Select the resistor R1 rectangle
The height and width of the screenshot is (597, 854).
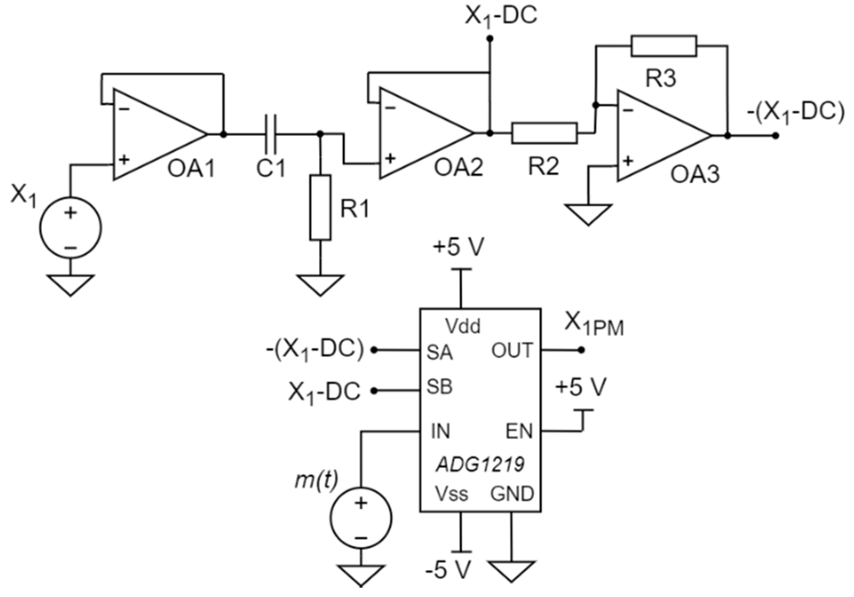(320, 207)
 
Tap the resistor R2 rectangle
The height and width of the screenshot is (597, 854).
(544, 133)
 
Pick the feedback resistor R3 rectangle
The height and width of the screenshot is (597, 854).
(664, 46)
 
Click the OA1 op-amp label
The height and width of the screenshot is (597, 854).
(191, 169)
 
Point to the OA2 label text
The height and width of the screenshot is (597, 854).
(458, 168)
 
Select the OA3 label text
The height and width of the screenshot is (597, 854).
(695, 174)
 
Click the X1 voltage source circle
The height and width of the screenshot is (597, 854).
(71, 228)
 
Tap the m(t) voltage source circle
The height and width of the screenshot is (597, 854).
(361, 519)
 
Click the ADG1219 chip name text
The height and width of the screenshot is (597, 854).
(480, 465)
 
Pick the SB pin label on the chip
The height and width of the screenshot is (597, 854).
(439, 387)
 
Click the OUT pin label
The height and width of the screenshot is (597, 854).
(512, 351)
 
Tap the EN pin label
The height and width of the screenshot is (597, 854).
(519, 432)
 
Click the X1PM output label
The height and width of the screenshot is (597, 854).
(594, 326)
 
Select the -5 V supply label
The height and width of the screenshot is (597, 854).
(449, 570)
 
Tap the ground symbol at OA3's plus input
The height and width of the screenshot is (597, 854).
(588, 214)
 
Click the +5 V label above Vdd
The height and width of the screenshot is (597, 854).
(458, 247)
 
